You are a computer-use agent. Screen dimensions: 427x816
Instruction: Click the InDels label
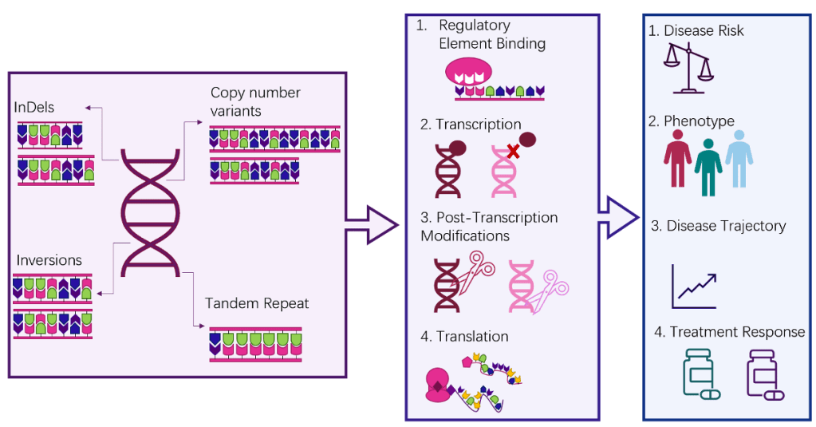pos(34,108)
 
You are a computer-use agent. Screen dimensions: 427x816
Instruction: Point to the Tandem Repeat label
pos(257,303)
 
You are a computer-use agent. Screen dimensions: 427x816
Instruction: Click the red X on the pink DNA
pos(514,151)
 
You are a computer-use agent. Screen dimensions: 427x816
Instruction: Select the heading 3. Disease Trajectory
pos(718,226)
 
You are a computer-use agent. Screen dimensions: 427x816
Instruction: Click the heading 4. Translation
pos(464,337)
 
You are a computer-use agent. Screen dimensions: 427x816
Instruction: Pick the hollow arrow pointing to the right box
pos(620,215)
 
